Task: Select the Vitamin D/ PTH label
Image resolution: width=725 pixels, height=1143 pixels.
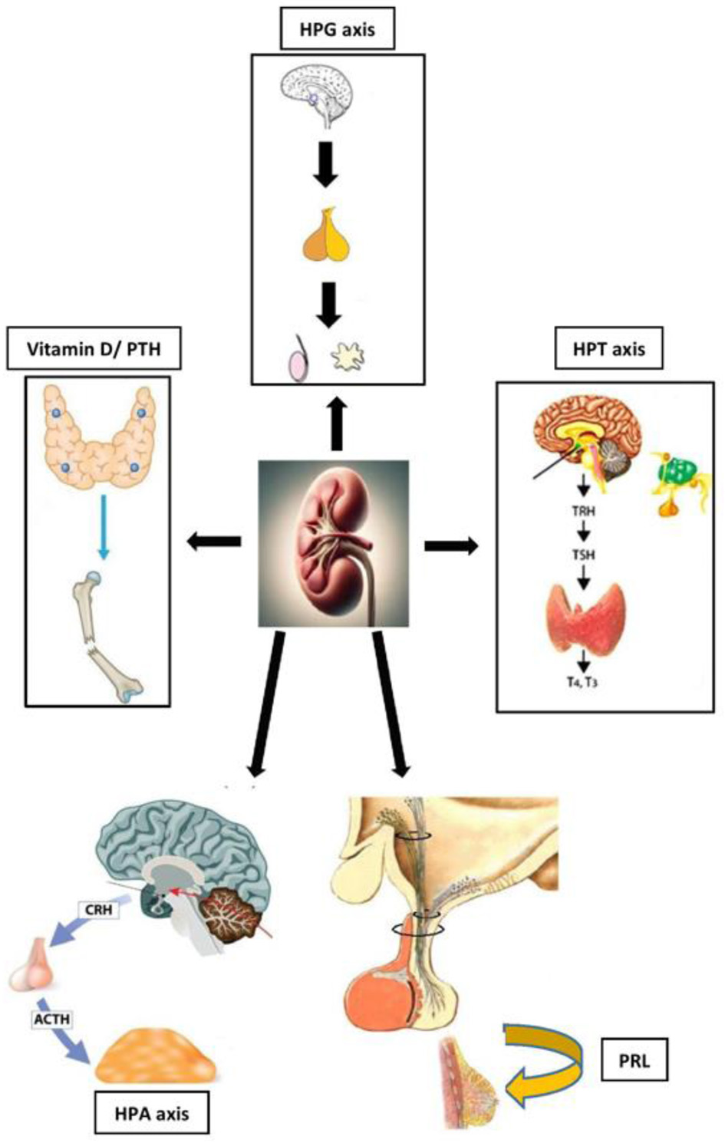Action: (94, 350)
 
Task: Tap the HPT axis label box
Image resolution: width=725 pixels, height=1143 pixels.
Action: (608, 349)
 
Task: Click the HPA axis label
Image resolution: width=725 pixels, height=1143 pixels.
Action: (151, 1112)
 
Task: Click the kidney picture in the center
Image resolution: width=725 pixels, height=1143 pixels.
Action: (333, 543)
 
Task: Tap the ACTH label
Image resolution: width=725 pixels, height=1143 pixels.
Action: (51, 1019)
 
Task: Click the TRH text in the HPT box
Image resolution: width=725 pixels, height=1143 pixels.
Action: (583, 509)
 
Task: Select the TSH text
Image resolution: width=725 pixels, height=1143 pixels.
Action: (583, 554)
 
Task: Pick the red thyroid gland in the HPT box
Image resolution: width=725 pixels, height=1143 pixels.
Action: (585, 614)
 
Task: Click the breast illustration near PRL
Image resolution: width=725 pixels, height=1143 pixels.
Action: (468, 1081)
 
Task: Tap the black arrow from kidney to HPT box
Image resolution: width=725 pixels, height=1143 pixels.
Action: (451, 545)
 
